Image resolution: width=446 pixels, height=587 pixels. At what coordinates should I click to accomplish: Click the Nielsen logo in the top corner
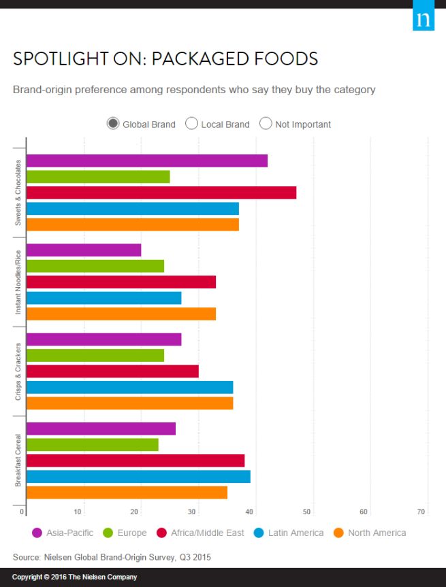(423, 19)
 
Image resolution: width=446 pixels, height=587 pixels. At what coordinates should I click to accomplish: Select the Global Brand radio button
(113, 124)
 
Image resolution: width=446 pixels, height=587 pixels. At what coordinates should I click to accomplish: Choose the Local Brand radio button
(191, 124)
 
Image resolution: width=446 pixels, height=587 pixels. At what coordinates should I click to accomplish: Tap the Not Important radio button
(266, 124)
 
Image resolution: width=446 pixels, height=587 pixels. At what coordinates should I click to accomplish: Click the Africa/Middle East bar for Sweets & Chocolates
(161, 192)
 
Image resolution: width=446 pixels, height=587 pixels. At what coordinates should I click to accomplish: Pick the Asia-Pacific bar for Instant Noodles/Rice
(84, 250)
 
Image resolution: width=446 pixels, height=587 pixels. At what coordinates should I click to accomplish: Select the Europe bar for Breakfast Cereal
(93, 445)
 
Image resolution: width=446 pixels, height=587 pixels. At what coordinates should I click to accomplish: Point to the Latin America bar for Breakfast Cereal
(138, 477)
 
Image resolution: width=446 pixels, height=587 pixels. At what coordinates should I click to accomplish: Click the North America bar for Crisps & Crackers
(129, 403)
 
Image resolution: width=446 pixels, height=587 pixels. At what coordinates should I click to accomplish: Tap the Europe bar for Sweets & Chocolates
(98, 177)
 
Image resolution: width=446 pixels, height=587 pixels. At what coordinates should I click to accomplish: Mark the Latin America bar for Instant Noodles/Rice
(104, 298)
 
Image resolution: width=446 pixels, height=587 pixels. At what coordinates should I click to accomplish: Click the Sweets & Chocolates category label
(18, 192)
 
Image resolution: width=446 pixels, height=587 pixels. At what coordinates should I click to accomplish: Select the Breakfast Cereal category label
(18, 460)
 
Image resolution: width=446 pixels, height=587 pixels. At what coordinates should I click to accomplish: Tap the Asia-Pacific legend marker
(37, 533)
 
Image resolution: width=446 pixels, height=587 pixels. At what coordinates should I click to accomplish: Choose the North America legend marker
(339, 533)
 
